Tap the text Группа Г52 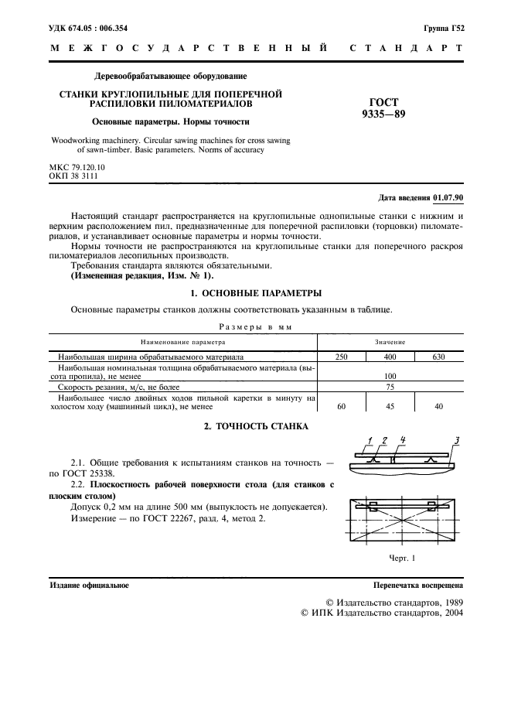443,28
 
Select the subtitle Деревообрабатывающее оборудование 170,77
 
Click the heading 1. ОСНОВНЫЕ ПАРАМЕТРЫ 255,293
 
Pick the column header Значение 390,341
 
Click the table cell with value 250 341,358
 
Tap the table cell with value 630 439,358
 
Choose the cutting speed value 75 390,386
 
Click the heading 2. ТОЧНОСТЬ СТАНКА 255,426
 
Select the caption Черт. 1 403,558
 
